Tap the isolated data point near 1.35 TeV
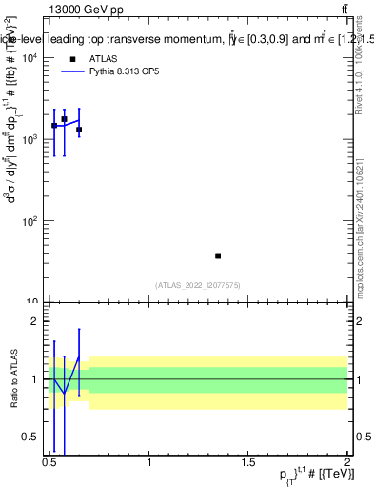(218, 255)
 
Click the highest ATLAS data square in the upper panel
(64, 119)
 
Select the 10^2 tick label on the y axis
(30, 221)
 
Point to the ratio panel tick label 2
(36, 321)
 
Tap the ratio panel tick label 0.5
(32, 437)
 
